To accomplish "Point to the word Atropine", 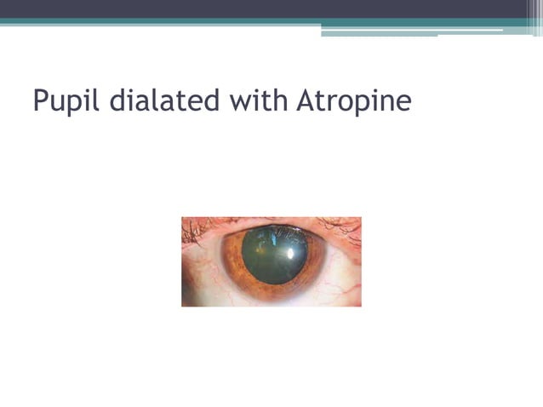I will point(354,101).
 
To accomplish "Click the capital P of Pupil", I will point(41,101).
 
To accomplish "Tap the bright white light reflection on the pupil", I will point(294,252).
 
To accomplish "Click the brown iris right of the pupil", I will point(316,264).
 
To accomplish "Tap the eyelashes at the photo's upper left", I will point(194,226).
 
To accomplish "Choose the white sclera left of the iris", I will point(203,268).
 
